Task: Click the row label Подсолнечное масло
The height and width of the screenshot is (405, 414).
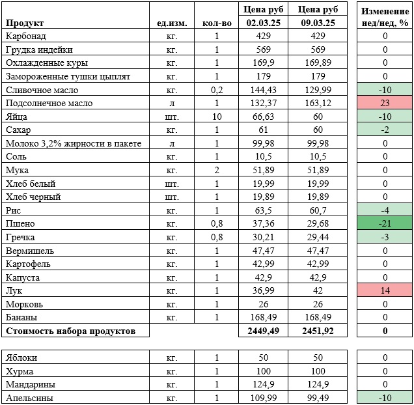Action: pos(48,104)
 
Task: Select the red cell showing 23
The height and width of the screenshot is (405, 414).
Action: pos(385,104)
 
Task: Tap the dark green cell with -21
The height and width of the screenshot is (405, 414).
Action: pos(385,224)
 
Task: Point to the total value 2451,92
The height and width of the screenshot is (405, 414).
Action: pos(317,331)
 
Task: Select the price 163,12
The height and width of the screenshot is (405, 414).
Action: pos(317,104)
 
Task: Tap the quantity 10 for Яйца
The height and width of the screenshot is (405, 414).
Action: pos(217,117)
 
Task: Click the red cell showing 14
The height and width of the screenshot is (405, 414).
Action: pos(385,291)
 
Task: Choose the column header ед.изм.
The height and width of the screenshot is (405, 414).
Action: pos(172,23)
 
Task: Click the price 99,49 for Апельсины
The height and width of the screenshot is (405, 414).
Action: pos(317,398)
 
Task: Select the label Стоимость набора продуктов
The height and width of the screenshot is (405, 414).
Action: pos(70,331)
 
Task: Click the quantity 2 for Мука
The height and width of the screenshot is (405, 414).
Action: pos(217,171)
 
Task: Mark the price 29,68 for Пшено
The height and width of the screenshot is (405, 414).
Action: pos(317,224)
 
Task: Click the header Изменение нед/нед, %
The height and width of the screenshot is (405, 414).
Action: pos(385,17)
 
